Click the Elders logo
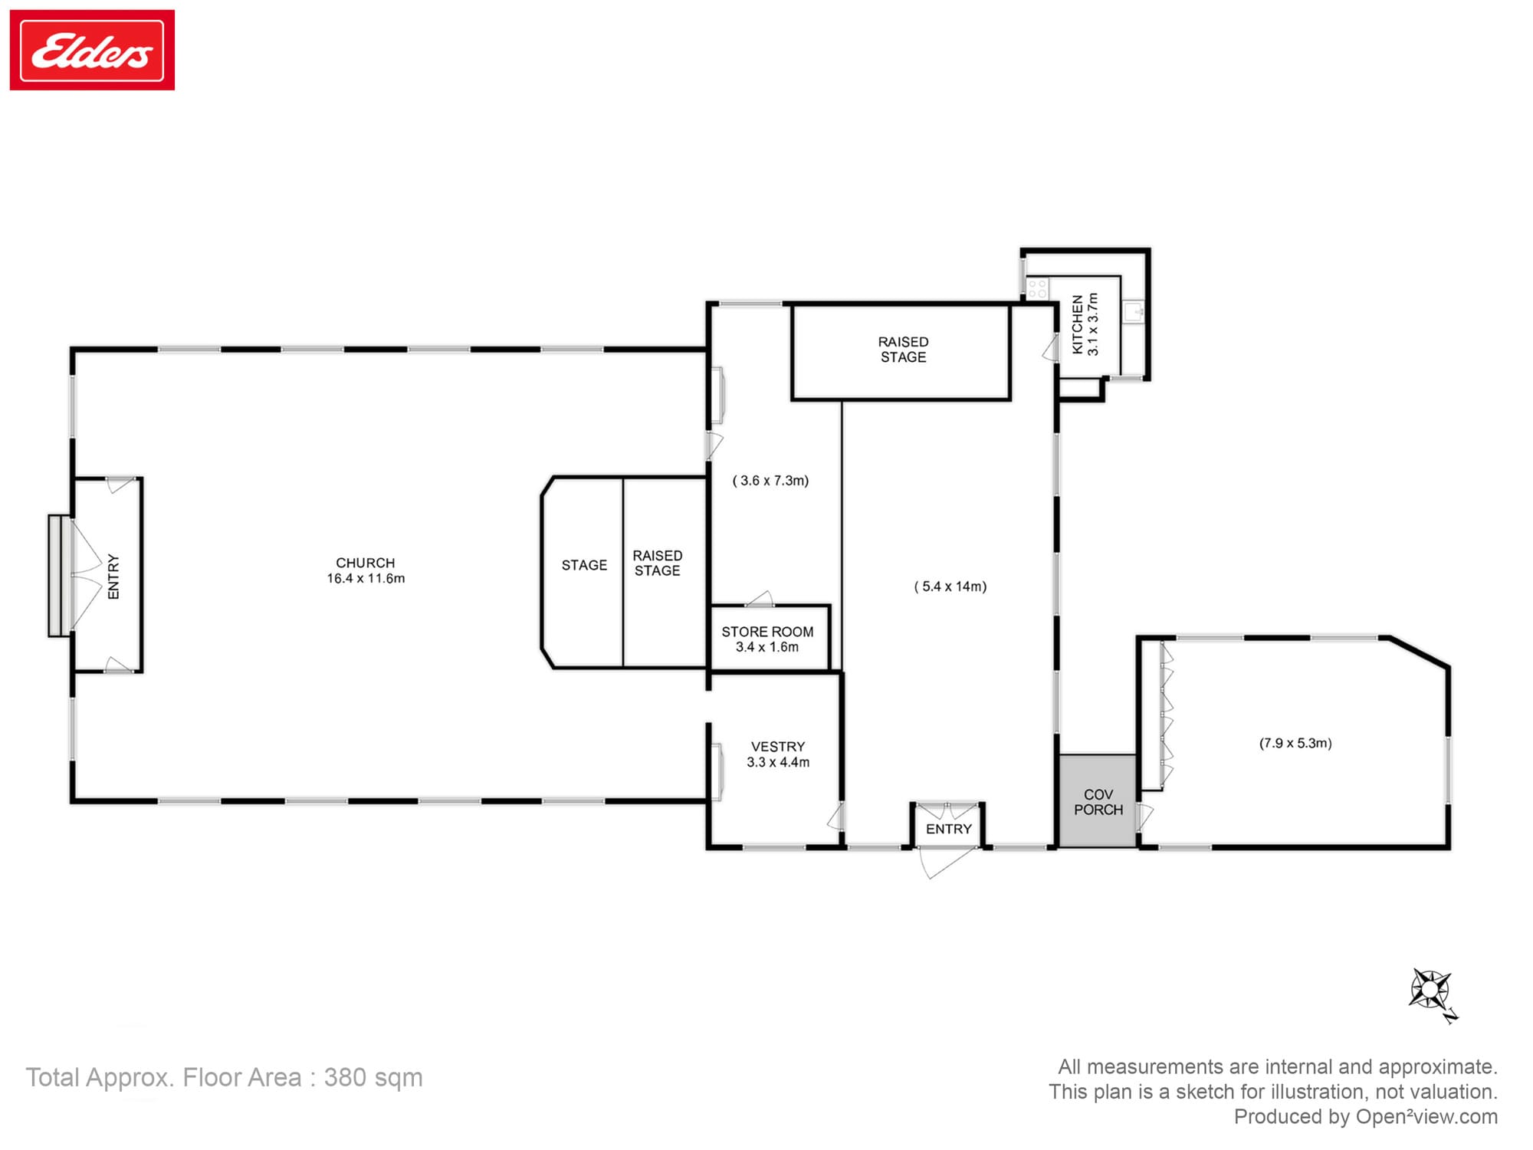(x=92, y=51)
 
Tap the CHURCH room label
(x=365, y=563)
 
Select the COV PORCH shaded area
(x=1098, y=801)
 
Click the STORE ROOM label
(x=767, y=632)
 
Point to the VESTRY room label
(x=778, y=747)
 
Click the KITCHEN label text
(x=1078, y=324)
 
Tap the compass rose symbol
(x=1430, y=990)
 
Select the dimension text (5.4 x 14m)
(x=950, y=586)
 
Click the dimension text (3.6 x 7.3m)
(x=770, y=481)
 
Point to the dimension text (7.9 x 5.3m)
(x=1295, y=743)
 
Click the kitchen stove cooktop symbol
(x=1037, y=288)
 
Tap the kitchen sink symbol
(x=1134, y=311)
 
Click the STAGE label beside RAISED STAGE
(x=584, y=565)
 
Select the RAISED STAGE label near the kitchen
(x=903, y=350)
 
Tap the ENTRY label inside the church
(x=113, y=577)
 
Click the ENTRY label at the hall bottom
(x=948, y=829)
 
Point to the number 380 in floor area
(x=345, y=1077)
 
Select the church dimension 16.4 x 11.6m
(x=366, y=579)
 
